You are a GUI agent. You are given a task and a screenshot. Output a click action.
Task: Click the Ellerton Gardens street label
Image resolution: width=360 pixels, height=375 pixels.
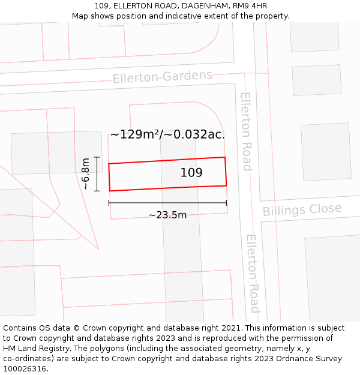tap(163, 77)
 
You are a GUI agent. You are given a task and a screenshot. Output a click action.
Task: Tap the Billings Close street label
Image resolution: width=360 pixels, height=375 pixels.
tap(302, 210)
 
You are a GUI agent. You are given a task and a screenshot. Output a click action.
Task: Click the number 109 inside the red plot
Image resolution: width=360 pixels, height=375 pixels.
tap(191, 173)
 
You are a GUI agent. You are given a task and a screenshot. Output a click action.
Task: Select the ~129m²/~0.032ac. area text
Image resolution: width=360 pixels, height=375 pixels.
tap(167, 134)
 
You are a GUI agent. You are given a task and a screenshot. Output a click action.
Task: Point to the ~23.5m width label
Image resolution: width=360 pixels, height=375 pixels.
tap(167, 215)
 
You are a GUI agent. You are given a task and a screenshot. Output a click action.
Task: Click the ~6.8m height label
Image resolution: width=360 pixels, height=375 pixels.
tap(86, 173)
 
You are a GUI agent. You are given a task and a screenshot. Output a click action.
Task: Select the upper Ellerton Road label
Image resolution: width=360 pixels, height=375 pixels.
tap(246, 131)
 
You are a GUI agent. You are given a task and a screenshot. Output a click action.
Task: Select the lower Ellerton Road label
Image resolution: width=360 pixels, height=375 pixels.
tap(253, 273)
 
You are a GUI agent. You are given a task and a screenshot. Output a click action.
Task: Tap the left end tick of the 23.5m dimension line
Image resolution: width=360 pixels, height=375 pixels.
tap(109, 203)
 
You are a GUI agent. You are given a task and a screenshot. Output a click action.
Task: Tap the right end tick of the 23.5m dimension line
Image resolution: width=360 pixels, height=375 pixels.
tap(226, 203)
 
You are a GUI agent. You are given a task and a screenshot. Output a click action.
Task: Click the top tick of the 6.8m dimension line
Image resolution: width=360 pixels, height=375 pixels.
tap(97, 157)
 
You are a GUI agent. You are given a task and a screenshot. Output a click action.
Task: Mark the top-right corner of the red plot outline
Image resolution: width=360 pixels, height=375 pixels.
tap(225, 157)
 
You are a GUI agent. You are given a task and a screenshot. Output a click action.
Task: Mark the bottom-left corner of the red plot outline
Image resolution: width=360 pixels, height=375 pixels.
tap(110, 191)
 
